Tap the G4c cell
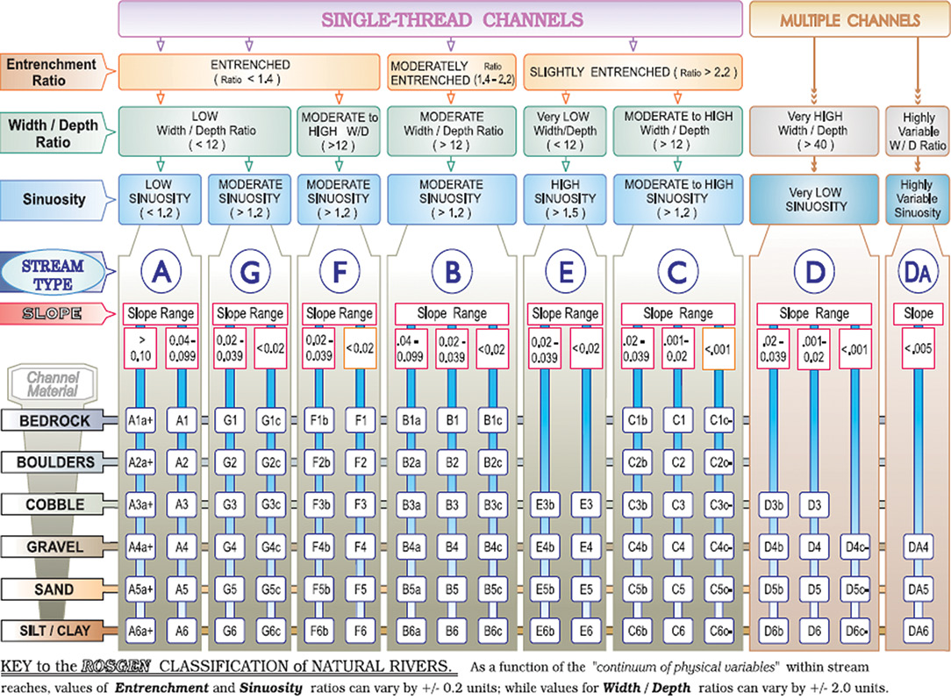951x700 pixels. tap(268, 546)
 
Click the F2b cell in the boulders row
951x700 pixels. tap(321, 462)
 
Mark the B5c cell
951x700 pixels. tap(494, 589)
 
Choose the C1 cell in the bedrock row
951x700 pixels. tap(677, 421)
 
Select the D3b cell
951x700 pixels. tap(775, 504)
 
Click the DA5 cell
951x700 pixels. tap(918, 589)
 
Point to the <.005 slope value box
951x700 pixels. tap(918, 346)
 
